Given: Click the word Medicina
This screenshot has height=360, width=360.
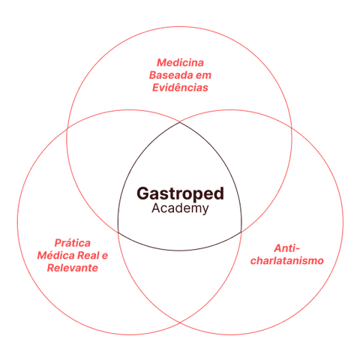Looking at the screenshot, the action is (x=180, y=62).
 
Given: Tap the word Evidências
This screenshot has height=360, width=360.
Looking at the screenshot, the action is (x=180, y=88).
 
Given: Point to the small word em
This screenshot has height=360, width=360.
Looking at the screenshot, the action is (x=203, y=76).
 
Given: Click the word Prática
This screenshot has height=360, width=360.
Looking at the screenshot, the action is (x=73, y=243).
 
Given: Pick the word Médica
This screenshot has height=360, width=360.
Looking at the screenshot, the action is (x=55, y=256).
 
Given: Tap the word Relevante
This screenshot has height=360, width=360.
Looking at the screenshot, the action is (x=73, y=268).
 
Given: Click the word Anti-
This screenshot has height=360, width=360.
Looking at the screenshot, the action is (x=286, y=248).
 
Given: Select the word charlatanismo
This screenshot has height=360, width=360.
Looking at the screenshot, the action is (x=287, y=260).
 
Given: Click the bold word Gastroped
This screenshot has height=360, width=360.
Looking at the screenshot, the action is (x=180, y=194).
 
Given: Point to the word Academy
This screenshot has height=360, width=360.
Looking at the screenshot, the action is (x=180, y=208).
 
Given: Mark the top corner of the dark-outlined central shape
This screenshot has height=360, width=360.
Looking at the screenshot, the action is (x=180, y=122).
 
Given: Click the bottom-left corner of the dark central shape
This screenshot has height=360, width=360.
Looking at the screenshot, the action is (x=118, y=232).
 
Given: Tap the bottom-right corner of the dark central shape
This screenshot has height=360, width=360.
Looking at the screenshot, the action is (x=241, y=232).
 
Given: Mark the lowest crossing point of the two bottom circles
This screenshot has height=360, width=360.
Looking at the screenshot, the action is (x=180, y=322).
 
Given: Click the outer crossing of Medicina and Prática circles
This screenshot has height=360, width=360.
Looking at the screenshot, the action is (x=67, y=128).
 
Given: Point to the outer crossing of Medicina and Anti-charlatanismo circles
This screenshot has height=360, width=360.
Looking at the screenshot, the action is (x=292, y=128).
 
